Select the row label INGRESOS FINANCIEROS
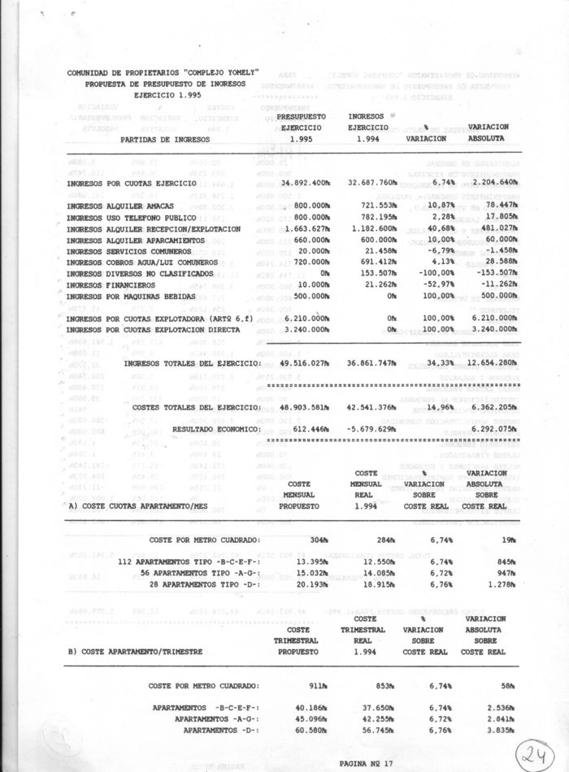[x=111, y=285]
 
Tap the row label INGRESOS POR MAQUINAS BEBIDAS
[x=132, y=297]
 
